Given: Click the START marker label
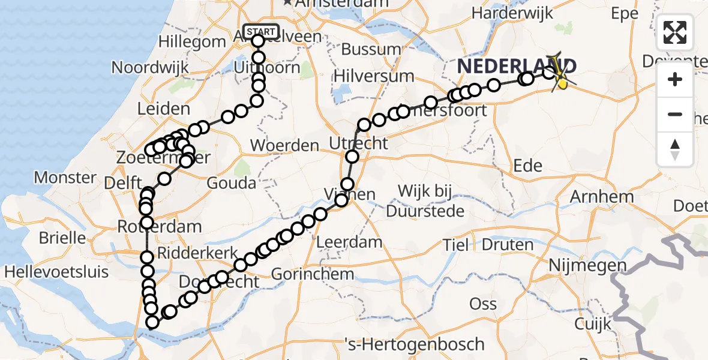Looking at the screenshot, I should (x=262, y=31).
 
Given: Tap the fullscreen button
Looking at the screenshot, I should (x=675, y=32).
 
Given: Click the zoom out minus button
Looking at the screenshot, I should (x=675, y=114).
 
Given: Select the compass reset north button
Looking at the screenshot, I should (x=675, y=149).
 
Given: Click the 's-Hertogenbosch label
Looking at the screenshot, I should (x=415, y=344).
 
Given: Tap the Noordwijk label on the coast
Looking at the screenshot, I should (x=151, y=67).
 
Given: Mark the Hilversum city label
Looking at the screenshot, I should (x=374, y=76).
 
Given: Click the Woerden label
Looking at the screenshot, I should (x=284, y=145).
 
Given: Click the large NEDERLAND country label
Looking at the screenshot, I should (x=517, y=66).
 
